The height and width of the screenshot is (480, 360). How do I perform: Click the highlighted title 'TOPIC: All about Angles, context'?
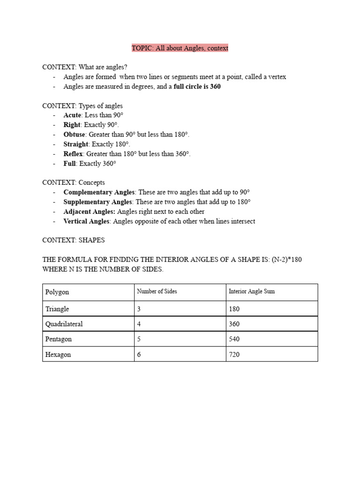180,48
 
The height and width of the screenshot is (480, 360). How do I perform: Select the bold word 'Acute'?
72,115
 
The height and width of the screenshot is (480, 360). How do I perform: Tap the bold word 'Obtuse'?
75,135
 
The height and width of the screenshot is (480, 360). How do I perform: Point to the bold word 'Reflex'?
73,154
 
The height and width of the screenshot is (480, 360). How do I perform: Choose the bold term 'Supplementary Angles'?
98,202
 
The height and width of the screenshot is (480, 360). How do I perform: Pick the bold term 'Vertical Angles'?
87,221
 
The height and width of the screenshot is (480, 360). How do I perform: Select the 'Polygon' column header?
57,292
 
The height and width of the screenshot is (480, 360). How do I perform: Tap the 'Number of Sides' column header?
157,292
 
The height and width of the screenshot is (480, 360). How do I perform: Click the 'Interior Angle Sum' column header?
252,292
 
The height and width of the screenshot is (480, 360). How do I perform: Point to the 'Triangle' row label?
57,309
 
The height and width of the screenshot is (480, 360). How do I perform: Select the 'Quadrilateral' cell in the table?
64,324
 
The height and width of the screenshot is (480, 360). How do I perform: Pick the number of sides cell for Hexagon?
139,355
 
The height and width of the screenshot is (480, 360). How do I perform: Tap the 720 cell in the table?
234,355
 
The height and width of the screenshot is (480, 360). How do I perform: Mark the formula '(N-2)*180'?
286,260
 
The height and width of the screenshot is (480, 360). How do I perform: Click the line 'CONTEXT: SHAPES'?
74,240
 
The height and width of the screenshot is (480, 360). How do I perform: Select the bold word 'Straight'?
76,144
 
